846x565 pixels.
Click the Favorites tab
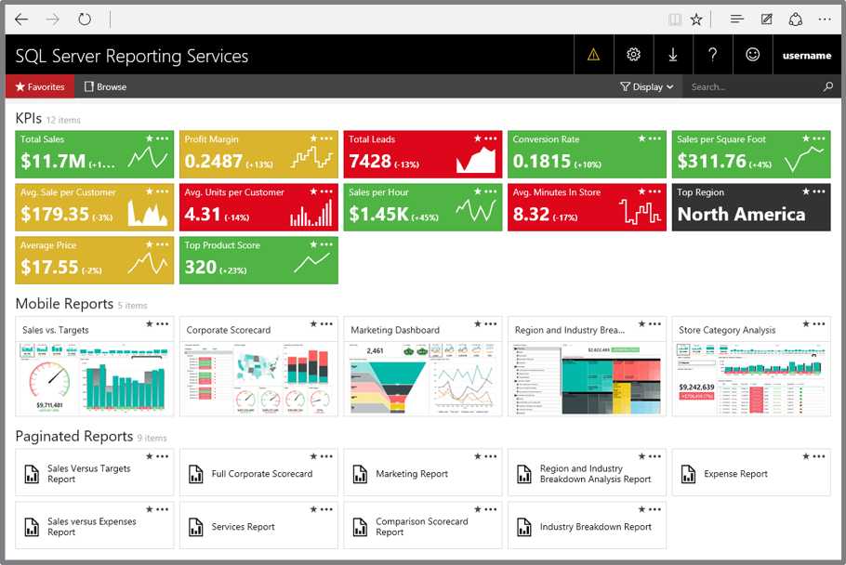tap(40, 86)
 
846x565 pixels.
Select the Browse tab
tap(105, 86)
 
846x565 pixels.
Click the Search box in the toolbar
tap(753, 86)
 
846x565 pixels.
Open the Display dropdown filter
tap(647, 86)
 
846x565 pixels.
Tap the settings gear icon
tap(633, 55)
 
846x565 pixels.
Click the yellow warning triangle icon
tap(593, 55)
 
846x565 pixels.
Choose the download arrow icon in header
tap(673, 55)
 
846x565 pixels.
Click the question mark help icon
tap(713, 55)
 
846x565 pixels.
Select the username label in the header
tap(806, 56)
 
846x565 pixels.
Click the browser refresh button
tap(85, 19)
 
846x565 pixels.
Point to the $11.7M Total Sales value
tap(53, 162)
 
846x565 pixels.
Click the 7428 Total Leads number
tap(370, 162)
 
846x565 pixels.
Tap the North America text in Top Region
tap(741, 215)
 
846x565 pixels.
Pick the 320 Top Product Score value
tap(201, 268)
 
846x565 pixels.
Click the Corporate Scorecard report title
tap(229, 330)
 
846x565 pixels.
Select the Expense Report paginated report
tap(735, 474)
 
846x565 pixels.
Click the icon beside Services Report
tap(196, 527)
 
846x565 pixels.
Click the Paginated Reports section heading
tap(74, 436)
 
